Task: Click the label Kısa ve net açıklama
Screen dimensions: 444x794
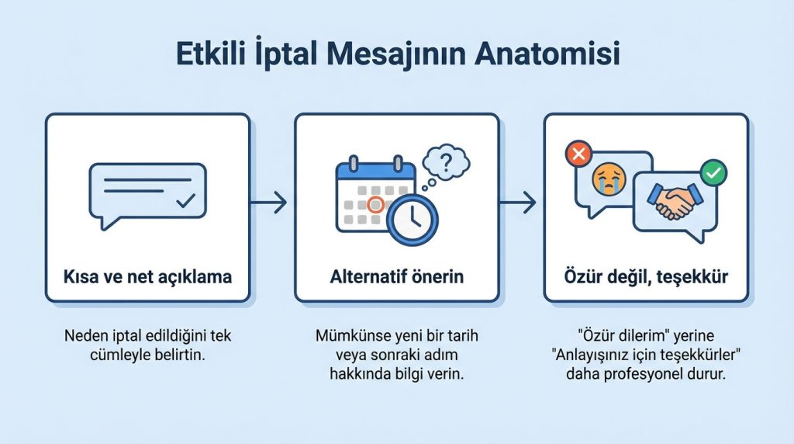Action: [147, 276]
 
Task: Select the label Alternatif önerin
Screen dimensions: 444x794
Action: [396, 276]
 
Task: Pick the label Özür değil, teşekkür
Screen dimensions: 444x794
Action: [645, 276]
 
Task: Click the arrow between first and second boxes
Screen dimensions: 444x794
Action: [271, 203]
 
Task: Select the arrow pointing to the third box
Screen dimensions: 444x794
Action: [520, 203]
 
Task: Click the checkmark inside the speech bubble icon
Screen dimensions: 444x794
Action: [185, 202]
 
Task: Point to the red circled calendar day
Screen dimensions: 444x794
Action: [375, 205]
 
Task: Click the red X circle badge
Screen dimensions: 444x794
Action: [578, 154]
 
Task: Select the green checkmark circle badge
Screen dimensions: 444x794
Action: [713, 171]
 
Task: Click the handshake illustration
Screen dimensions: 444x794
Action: [671, 201]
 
